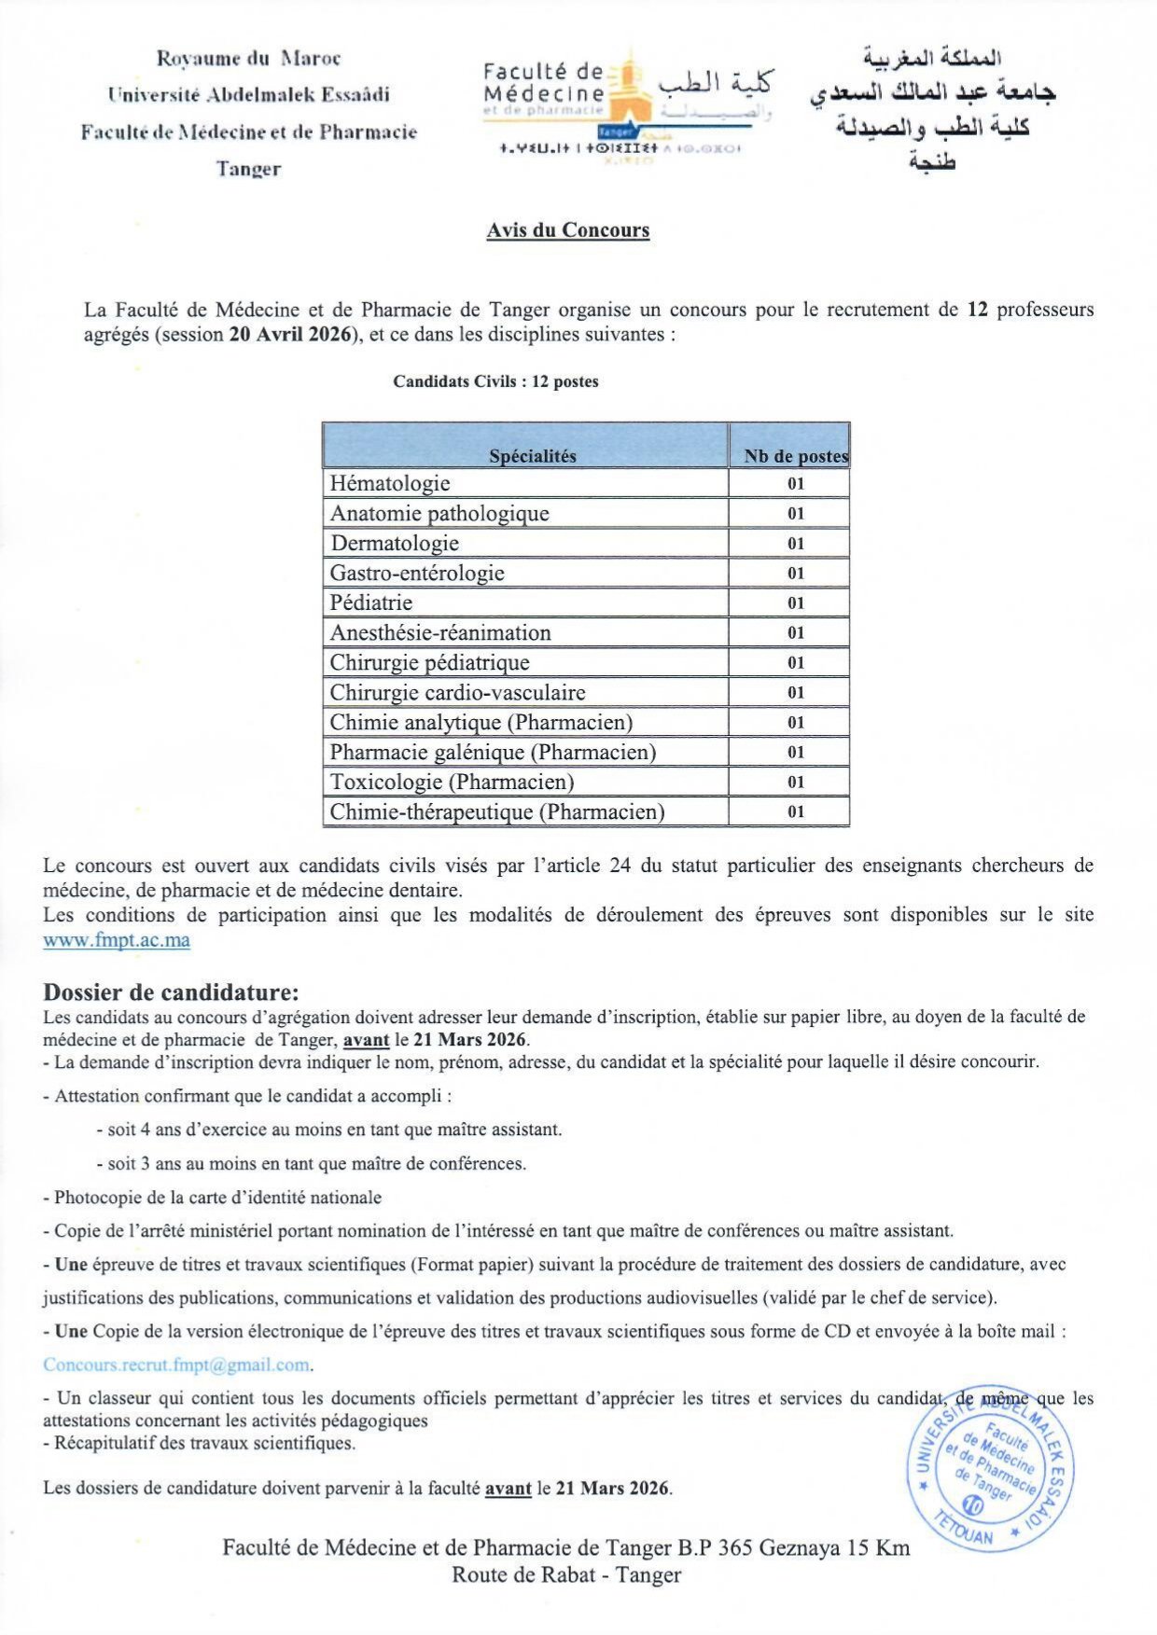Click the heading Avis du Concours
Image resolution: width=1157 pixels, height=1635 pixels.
pos(567,230)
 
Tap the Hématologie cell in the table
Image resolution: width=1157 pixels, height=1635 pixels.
pos(390,483)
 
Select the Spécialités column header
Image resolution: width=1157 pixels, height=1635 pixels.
pos(532,455)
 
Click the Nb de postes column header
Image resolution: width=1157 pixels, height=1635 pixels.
pos(794,455)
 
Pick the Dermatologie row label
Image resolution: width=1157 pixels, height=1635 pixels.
pos(395,543)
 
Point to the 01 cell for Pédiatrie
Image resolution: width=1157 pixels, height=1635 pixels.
pos(795,603)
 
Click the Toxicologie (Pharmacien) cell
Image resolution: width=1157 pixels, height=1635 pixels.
pos(452,782)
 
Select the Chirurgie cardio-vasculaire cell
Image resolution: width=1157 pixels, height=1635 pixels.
pos(457,692)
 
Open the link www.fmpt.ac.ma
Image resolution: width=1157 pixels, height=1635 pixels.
pos(117,940)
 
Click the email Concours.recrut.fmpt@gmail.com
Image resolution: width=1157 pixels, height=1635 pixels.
pos(176,1365)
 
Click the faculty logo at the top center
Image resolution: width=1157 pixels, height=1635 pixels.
pos(627,106)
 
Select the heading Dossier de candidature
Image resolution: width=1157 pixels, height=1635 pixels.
pos(171,992)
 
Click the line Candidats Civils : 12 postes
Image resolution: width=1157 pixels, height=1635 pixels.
pos(495,381)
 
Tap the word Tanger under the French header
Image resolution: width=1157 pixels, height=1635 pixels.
pos(248,169)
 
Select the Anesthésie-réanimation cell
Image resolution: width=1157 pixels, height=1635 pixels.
pos(440,632)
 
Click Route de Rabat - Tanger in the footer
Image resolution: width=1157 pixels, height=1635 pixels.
pos(566,1574)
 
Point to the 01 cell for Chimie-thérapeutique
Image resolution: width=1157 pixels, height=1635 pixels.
pos(795,811)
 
